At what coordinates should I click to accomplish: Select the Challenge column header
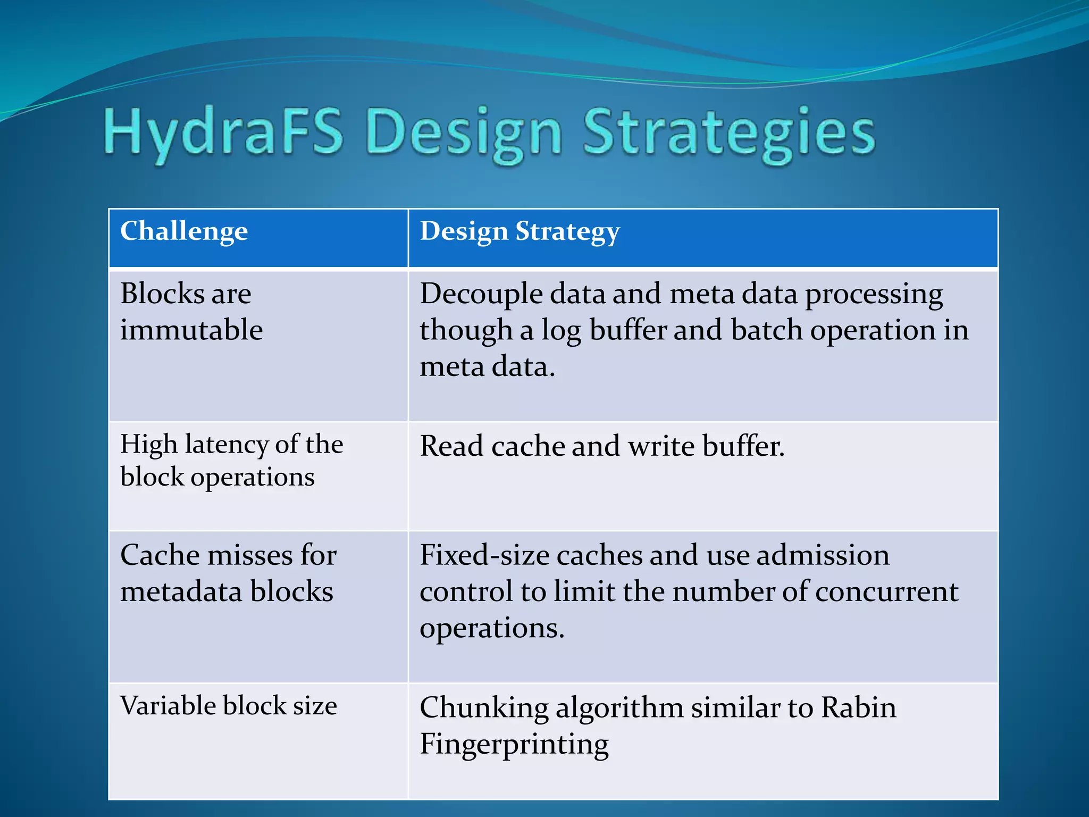point(184,231)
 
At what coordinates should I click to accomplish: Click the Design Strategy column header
point(520,231)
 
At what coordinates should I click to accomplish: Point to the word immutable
point(191,330)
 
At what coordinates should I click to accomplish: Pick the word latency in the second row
point(227,444)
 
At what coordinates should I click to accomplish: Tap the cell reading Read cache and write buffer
point(602,446)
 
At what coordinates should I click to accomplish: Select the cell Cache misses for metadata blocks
point(229,573)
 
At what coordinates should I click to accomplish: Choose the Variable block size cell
point(229,706)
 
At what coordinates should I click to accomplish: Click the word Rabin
point(858,708)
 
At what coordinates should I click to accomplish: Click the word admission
point(823,555)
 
